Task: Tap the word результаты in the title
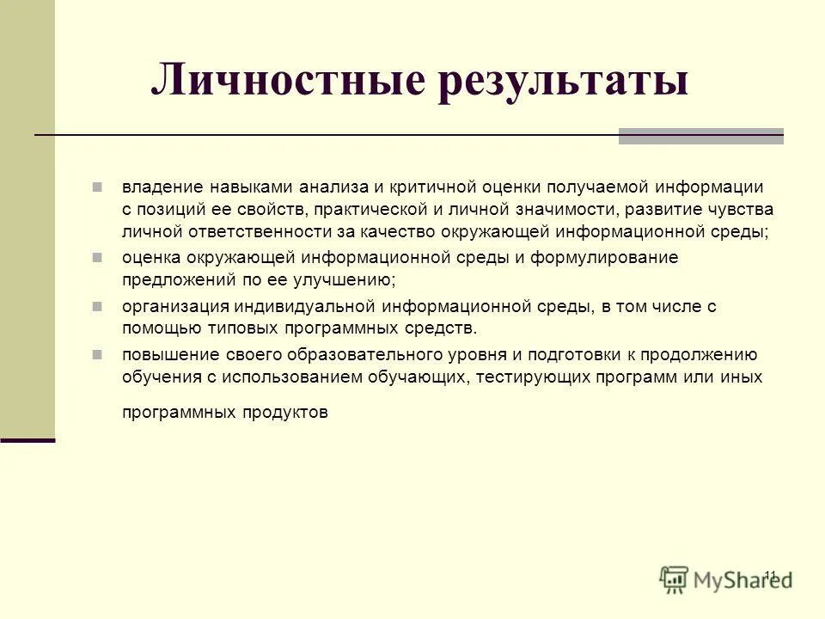[x=563, y=83]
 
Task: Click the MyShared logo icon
[x=675, y=579]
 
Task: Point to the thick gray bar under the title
[x=700, y=136]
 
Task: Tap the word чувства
[x=741, y=210]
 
